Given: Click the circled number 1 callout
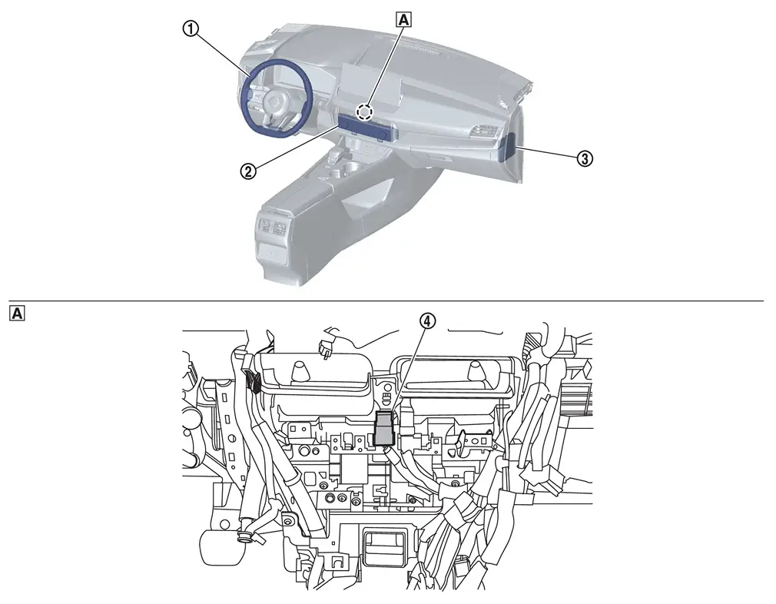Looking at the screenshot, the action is tap(191, 29).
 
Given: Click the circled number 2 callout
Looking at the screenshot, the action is tap(248, 171).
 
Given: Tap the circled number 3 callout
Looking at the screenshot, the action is tap(585, 159).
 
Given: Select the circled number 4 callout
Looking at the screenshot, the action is tap(428, 320).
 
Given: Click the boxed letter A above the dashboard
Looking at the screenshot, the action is tap(404, 19).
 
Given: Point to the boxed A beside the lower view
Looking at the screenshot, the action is tap(17, 313).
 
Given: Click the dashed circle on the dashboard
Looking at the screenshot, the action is tap(365, 112).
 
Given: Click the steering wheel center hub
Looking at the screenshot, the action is tap(274, 104).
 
